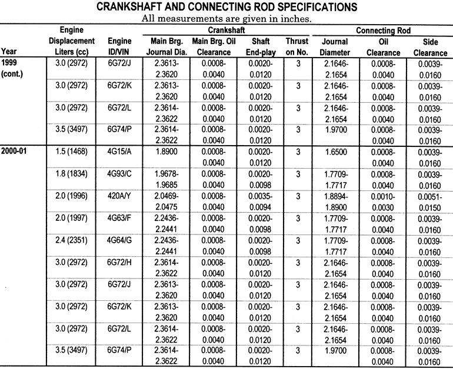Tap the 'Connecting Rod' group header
[382, 30]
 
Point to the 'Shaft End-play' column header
[260, 46]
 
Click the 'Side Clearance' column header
[429, 46]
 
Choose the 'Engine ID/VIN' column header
[119, 46]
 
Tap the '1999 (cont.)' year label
[13, 68]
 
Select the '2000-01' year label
[15, 151]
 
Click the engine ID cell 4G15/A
[119, 151]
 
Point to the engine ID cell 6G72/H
[119, 262]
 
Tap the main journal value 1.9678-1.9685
[162, 179]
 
